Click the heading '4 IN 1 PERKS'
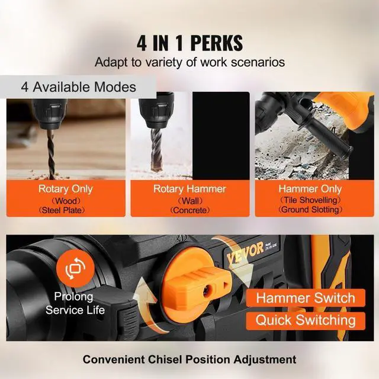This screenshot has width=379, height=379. (x=189, y=43)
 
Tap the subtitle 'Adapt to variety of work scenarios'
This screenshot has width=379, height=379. (x=189, y=62)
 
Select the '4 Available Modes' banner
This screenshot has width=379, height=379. (x=78, y=86)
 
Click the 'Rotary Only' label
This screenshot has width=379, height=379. (x=66, y=189)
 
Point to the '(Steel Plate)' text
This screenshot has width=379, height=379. (x=66, y=210)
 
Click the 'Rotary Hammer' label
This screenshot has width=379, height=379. (x=189, y=189)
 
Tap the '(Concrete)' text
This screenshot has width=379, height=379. (x=189, y=210)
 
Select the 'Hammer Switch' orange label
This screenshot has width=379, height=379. (x=306, y=298)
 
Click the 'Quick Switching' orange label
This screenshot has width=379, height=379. (x=306, y=320)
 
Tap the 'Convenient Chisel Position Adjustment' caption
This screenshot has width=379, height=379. (x=189, y=359)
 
